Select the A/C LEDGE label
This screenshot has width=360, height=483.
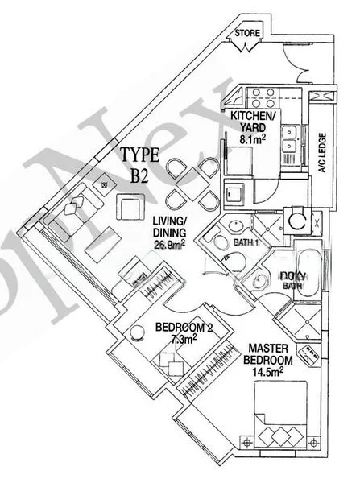320,152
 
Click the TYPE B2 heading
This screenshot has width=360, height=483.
139,165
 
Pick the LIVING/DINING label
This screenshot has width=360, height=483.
169,228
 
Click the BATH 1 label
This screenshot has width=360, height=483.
245,242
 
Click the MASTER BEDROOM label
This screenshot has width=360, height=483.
268,355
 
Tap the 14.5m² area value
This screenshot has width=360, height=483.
268,375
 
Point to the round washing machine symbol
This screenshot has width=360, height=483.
297,218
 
